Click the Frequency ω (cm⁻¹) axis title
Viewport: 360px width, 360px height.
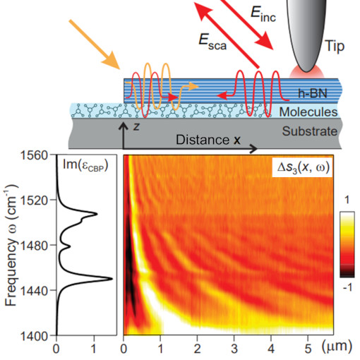(x=11, y=244)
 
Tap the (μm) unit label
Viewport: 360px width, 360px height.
(x=340, y=347)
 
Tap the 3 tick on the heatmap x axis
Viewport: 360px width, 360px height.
(x=235, y=347)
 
